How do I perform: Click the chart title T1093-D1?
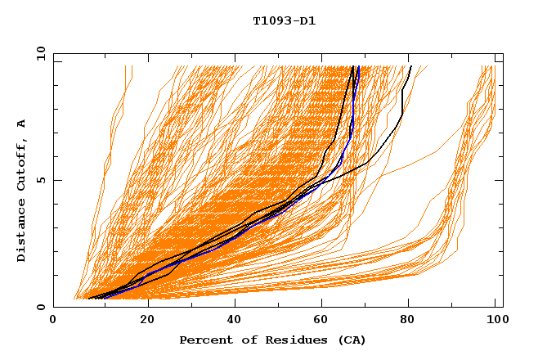[x=284, y=20]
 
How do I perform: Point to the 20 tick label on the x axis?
[x=141, y=320]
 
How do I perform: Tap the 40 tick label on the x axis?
[x=231, y=320]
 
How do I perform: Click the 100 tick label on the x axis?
[x=495, y=320]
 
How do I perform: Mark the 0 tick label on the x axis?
[x=53, y=320]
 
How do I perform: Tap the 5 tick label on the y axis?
[x=41, y=180]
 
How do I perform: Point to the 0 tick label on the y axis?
[x=41, y=307]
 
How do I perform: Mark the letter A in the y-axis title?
[x=22, y=123]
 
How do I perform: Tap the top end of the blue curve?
[x=358, y=67]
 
